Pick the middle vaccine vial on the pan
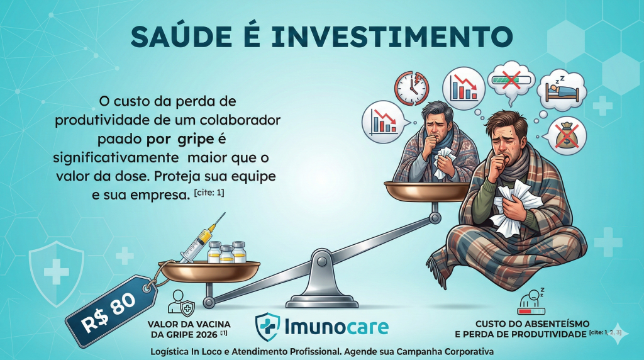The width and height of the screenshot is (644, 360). tap(226, 254)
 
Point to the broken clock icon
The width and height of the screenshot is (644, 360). tap(411, 88)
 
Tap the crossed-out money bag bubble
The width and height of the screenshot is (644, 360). tap(567, 135)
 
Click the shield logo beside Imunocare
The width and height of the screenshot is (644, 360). tap(267, 326)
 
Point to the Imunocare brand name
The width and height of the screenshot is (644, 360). tap(336, 327)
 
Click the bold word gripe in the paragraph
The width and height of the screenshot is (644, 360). tap(196, 139)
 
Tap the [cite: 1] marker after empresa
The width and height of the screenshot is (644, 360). tap(209, 193)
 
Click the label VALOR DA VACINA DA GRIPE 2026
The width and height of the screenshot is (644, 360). tap(189, 329)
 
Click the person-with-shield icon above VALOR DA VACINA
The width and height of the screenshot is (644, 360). tap(181, 303)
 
